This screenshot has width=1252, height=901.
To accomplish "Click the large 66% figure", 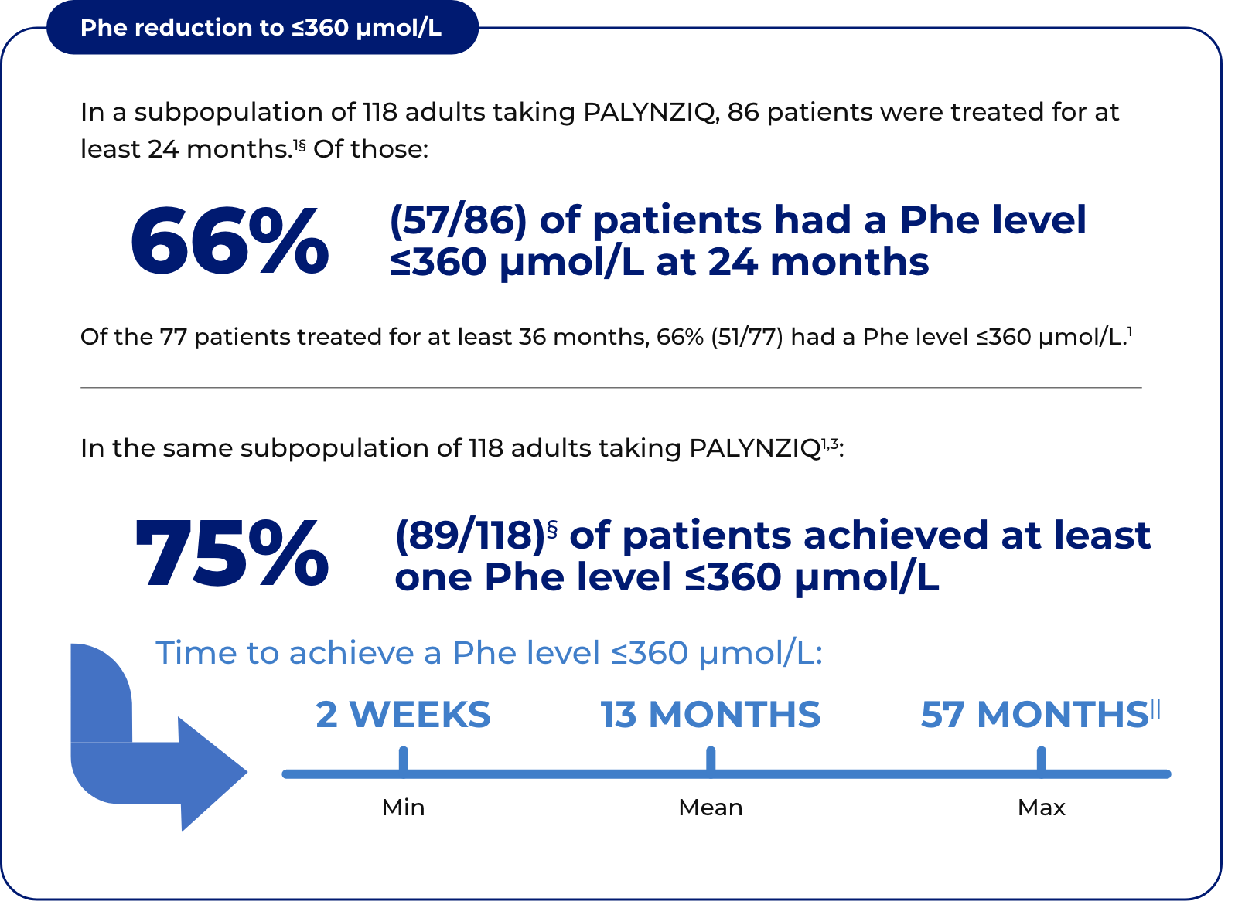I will coord(230,240).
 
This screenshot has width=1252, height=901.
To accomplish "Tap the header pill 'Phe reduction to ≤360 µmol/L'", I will coord(261,28).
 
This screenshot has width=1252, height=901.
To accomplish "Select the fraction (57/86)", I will coord(458,220).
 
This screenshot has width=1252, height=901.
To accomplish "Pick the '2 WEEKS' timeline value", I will coord(403,714).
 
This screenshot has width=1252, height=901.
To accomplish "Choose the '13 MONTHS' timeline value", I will coord(710,714).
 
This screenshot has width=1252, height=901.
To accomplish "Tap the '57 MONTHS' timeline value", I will coord(1034,714).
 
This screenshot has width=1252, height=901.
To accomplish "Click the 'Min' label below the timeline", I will coord(403,807).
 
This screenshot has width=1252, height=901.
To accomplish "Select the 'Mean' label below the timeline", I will coord(710,807).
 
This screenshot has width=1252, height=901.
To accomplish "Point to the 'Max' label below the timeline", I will coord(1041,807).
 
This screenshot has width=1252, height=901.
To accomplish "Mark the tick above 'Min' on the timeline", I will coord(403,759).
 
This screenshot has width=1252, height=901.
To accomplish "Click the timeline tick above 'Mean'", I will coord(711,759).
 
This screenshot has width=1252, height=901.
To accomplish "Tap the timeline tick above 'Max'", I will coord(1041,759).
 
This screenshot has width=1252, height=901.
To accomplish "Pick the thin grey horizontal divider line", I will coord(611,387).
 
